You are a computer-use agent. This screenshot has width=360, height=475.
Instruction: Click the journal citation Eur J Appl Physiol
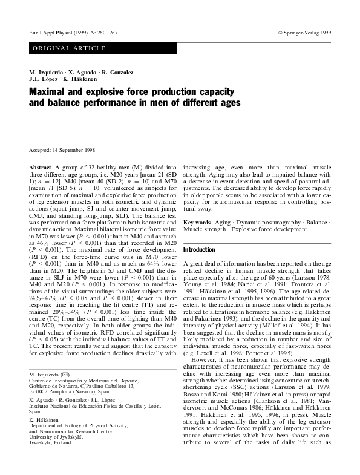pos(50,30)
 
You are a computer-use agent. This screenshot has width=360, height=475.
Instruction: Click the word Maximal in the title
pos(49,92)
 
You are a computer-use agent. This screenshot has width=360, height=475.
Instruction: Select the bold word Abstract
pos(39,166)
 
